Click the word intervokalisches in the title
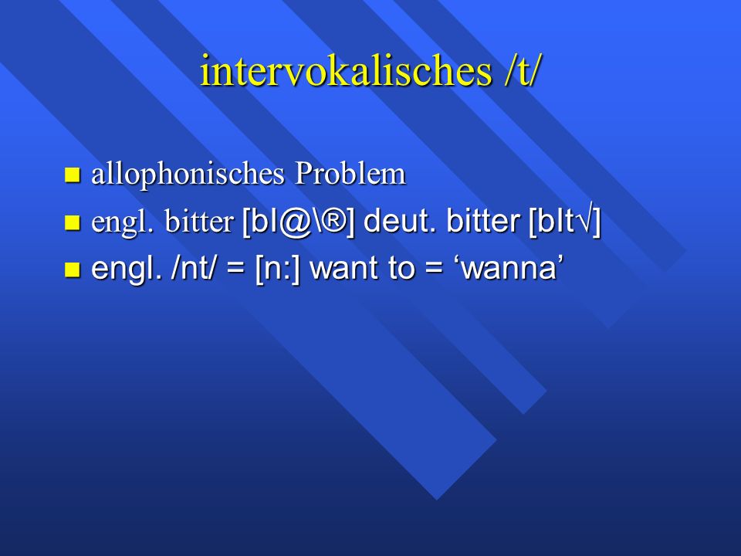[346, 70]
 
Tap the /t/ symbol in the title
[522, 71]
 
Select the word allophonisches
[188, 175]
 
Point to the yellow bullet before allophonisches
[73, 175]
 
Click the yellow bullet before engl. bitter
[73, 222]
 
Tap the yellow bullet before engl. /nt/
[73, 269]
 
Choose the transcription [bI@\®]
[298, 222]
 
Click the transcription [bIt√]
[565, 222]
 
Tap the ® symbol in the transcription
[333, 221]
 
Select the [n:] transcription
[278, 269]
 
